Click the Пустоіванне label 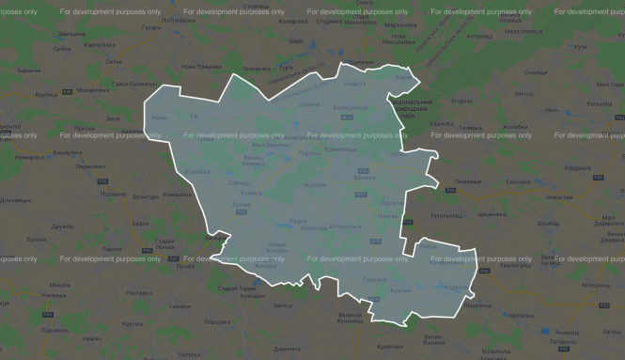153,20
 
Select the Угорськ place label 462,99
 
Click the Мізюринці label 594,284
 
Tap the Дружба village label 63,226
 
